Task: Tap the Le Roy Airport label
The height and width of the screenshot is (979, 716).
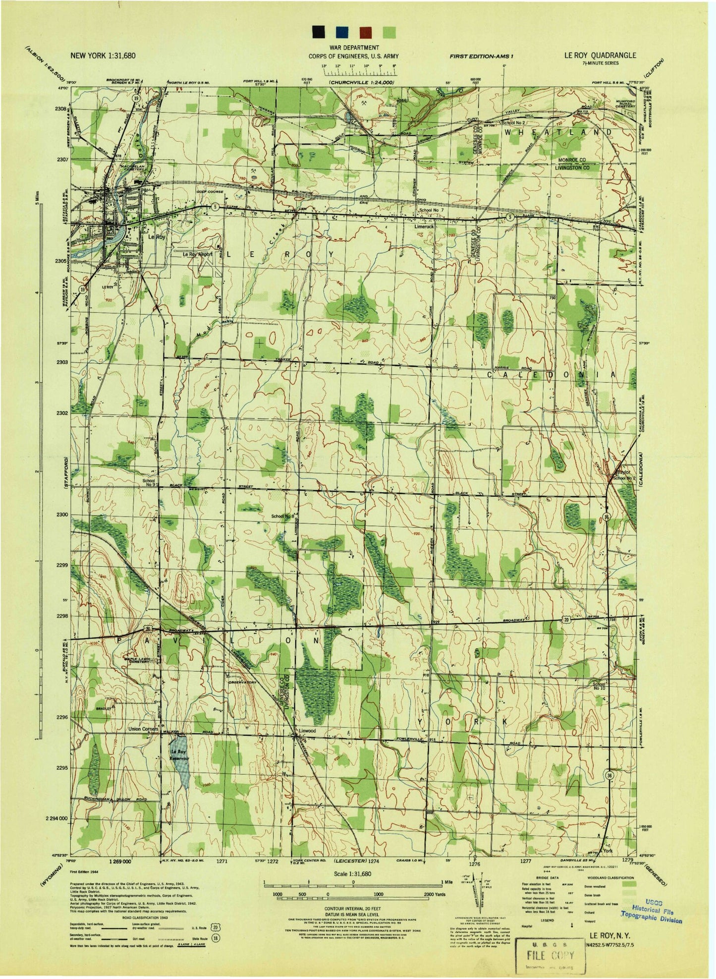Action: pos(197,254)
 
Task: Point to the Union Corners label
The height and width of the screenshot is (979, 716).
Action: pos(143,729)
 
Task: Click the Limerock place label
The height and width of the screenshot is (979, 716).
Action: pos(424,227)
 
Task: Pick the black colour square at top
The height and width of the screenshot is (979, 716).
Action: pos(319,33)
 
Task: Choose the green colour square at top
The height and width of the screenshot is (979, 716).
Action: pos(390,33)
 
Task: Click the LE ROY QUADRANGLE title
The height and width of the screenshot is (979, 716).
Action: pos(600,56)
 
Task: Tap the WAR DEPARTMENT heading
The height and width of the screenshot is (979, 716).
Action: pos(353,48)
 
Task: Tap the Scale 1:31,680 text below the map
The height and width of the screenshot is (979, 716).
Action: pos(353,874)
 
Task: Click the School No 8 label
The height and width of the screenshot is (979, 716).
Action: pos(282,516)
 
